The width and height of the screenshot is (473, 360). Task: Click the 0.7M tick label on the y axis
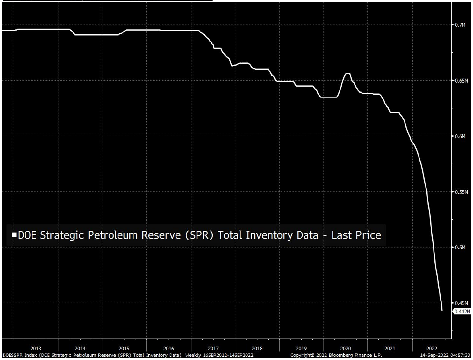pyautogui.click(x=460, y=25)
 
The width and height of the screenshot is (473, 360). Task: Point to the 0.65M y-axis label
pyautogui.click(x=461, y=81)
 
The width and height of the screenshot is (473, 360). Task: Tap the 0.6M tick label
pyautogui.click(x=460, y=136)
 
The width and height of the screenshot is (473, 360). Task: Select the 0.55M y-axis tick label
pyautogui.click(x=461, y=192)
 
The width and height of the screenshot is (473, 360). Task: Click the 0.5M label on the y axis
pyautogui.click(x=460, y=247)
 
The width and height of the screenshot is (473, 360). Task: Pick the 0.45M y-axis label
pyautogui.click(x=461, y=303)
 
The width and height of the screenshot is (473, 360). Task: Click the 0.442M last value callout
pyautogui.click(x=462, y=312)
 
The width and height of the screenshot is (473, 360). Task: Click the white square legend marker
pyautogui.click(x=14, y=235)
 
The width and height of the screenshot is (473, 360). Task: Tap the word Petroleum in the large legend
pyautogui.click(x=112, y=235)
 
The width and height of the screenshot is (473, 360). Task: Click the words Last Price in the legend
pyautogui.click(x=356, y=235)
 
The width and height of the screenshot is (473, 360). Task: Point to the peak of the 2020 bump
pyautogui.click(x=348, y=74)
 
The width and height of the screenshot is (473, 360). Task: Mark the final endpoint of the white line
pyautogui.click(x=442, y=310)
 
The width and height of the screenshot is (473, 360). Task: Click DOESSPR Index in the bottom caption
pyautogui.click(x=20, y=355)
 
